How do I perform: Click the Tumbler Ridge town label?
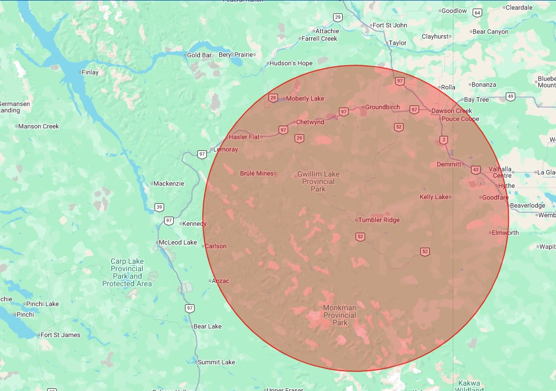[379, 220]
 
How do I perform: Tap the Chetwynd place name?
[310, 122]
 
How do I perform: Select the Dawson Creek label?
[452, 111]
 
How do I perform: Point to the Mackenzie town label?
[168, 183]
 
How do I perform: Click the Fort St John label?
[390, 25]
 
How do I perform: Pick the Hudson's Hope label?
[291, 63]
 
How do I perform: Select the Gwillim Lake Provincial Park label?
[318, 181]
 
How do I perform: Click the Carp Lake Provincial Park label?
[127, 272]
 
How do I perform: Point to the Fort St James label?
[60, 335]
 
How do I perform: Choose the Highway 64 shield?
[477, 12]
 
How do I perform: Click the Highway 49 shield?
[511, 97]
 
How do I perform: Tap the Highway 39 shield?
[159, 207]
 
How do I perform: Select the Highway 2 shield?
[444, 140]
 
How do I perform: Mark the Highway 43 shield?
[475, 170]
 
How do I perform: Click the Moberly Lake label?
[305, 98]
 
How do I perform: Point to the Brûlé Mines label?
[257, 173]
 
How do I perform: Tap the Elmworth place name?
[505, 233]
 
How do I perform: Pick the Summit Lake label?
[216, 362]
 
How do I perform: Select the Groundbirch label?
[382, 107]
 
